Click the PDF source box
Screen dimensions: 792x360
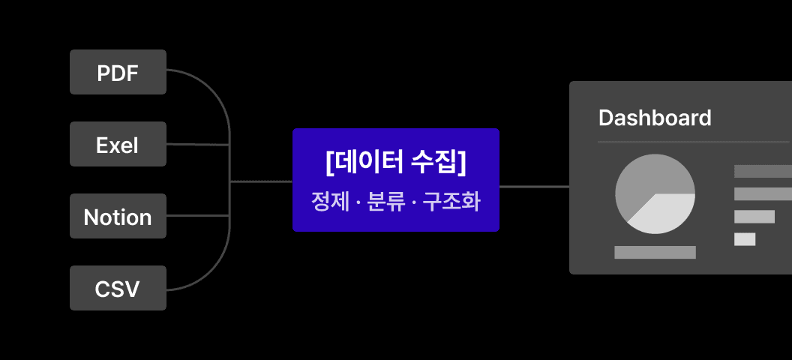coord(118,72)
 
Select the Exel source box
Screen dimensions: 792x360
coord(118,144)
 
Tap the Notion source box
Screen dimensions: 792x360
coord(118,216)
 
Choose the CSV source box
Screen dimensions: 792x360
coord(118,288)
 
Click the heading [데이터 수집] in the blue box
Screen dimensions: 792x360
coord(395,163)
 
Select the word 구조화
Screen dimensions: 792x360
coord(451,202)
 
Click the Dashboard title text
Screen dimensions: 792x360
coord(655,118)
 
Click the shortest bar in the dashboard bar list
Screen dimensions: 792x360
coord(745,239)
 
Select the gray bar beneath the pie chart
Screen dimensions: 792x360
coord(655,253)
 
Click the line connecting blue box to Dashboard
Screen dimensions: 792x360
coord(535,187)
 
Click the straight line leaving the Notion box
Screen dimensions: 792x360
coord(198,215)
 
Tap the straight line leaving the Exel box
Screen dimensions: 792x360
coord(198,145)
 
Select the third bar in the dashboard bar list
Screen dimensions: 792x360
coord(754,217)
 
